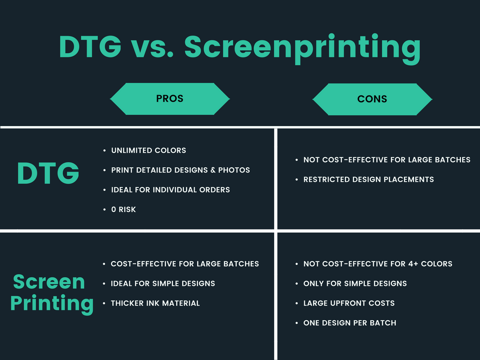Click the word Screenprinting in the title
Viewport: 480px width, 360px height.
tap(302, 48)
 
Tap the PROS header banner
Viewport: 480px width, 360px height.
tap(170, 99)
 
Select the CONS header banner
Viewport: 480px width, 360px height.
tap(372, 99)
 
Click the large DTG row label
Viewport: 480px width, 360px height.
tap(48, 173)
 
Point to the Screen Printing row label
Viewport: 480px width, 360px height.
tap(52, 292)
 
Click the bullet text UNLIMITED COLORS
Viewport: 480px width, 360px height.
tap(149, 150)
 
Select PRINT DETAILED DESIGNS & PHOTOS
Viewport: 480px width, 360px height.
tap(180, 170)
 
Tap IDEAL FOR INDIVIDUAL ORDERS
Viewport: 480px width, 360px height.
tap(171, 190)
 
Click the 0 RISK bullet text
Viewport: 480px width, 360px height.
tap(123, 210)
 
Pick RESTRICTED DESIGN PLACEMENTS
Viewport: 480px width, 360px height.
tap(368, 180)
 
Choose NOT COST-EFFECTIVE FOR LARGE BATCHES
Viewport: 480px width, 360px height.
tap(387, 160)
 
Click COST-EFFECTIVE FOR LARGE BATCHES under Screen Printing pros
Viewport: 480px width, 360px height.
tap(185, 264)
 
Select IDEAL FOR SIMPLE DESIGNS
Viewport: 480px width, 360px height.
tap(163, 284)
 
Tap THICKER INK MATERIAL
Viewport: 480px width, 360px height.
tap(155, 303)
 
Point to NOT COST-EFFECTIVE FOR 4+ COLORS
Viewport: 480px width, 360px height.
tap(378, 264)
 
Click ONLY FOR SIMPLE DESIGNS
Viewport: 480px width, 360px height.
tap(355, 284)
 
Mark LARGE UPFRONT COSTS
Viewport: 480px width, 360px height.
tap(349, 303)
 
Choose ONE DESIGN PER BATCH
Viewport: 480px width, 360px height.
tap(350, 323)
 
